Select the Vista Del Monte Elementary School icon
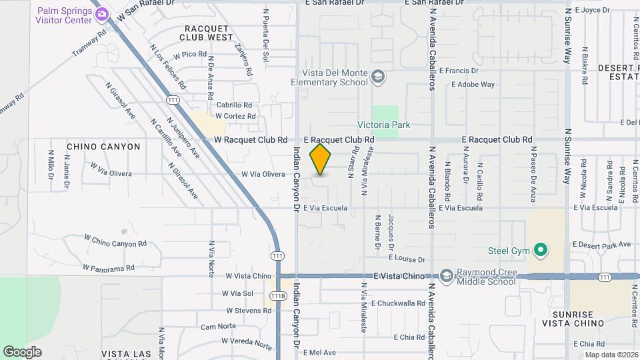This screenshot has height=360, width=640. coord(379,77)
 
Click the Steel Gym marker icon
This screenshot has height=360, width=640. coord(541,251)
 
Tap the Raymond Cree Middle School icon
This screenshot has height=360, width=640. coord(445,275)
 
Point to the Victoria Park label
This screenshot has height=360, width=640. coord(384,125)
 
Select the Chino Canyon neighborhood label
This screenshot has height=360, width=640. coord(103,147)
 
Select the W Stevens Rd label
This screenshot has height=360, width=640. coord(248,310)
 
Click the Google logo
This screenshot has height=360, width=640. coord(22,352)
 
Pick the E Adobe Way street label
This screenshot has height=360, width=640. coord(473,85)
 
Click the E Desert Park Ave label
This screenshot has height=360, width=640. coord(601,245)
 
